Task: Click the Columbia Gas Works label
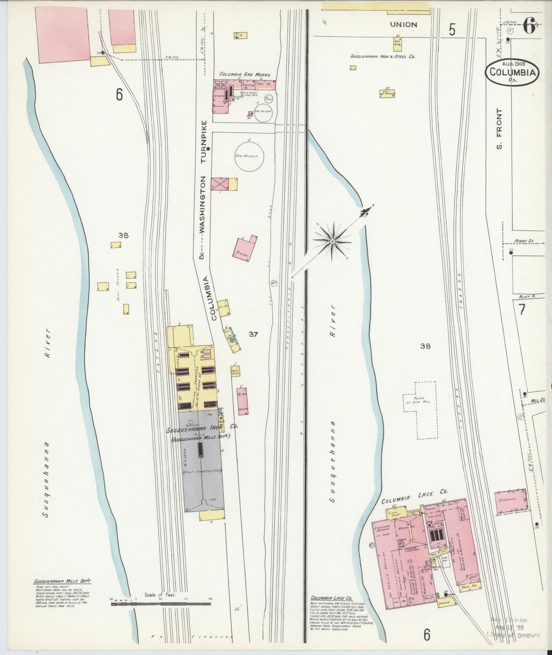pos(244,74)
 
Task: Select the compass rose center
pos(332,241)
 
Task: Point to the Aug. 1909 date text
pos(513,63)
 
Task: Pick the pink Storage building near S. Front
pos(510,501)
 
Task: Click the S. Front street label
pos(500,128)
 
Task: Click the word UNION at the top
pos(403,24)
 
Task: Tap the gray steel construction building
pos(201,459)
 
